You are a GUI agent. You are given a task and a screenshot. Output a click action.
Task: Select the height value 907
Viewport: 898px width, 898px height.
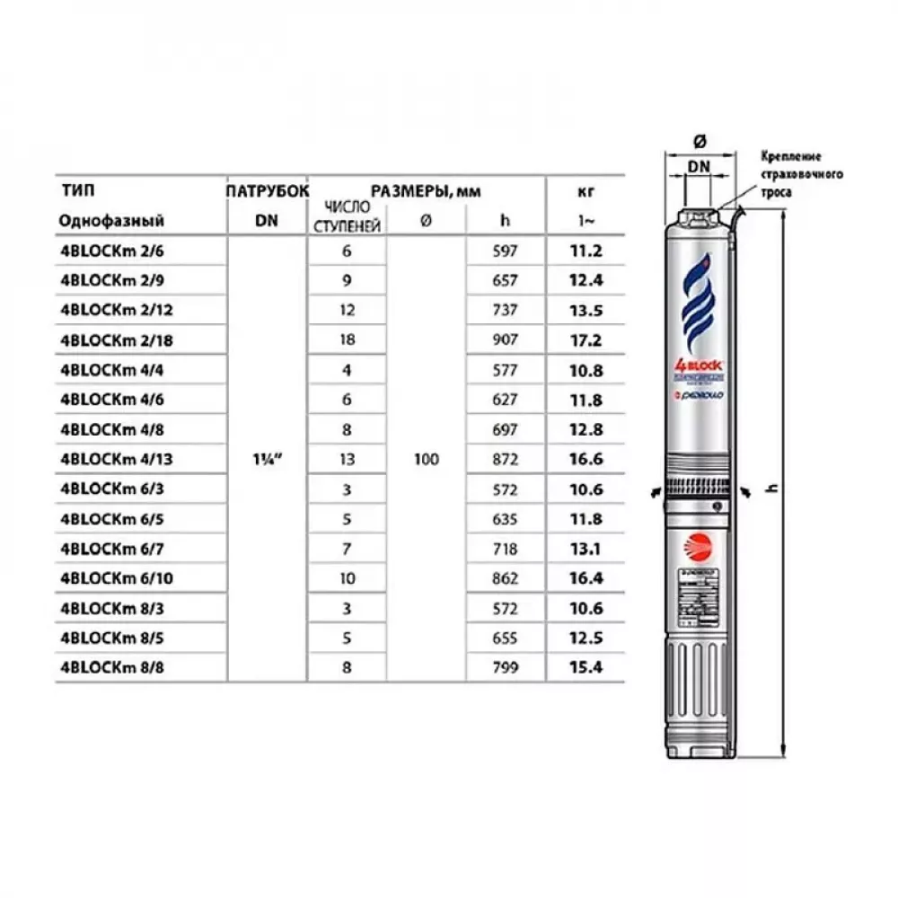(x=506, y=340)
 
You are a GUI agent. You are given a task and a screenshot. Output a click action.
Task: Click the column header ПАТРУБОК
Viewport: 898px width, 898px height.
(x=269, y=190)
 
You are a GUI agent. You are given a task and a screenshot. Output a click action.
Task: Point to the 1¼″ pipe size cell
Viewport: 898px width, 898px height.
(x=269, y=460)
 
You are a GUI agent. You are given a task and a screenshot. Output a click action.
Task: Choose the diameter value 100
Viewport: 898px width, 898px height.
(x=427, y=460)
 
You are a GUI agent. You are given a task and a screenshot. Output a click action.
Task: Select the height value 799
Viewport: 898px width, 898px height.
(x=506, y=667)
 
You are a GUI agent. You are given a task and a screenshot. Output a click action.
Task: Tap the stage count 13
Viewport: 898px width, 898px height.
(x=348, y=459)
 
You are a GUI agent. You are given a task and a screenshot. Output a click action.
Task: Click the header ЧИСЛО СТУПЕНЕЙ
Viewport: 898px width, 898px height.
(x=348, y=216)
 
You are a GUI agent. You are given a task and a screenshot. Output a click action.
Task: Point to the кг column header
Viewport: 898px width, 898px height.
(x=585, y=190)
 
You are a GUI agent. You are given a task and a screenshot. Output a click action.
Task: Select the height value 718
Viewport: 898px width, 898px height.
(x=506, y=548)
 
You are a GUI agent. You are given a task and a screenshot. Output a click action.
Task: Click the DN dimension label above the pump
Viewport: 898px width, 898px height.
(x=700, y=166)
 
